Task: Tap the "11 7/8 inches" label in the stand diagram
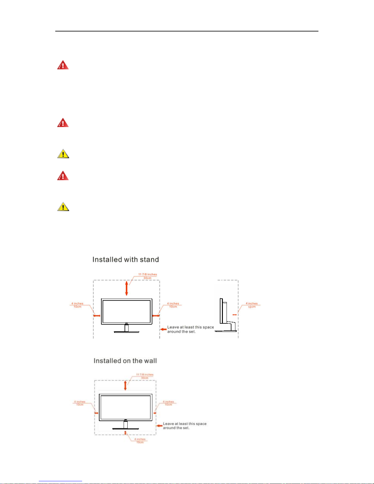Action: (147, 275)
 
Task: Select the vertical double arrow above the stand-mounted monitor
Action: (126, 288)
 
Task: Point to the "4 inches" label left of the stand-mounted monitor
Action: (77, 304)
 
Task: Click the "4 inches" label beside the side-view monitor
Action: (252, 304)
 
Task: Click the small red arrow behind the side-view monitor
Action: (234, 314)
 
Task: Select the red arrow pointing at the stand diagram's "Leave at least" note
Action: (163, 329)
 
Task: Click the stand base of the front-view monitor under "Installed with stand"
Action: (126, 331)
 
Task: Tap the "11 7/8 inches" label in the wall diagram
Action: (145, 375)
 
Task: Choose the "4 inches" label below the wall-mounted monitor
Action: (140, 439)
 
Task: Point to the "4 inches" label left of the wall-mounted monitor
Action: (80, 402)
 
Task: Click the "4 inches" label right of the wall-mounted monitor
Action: (168, 402)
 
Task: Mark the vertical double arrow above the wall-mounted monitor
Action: (125, 385)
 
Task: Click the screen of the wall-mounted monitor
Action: (125, 408)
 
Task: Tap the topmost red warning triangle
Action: (63, 65)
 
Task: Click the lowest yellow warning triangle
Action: (63, 207)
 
